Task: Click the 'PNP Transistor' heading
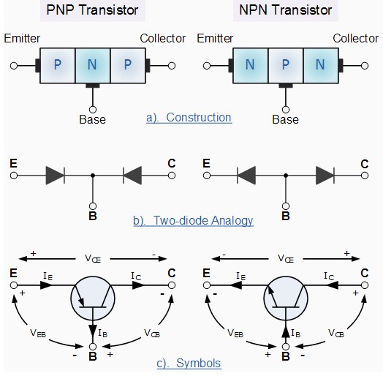click(92, 10)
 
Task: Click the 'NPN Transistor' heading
click(285, 10)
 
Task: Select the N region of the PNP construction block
click(93, 66)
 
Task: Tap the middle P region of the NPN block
click(286, 66)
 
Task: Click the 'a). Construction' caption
click(189, 118)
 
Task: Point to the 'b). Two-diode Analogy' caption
click(193, 220)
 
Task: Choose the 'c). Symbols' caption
click(189, 363)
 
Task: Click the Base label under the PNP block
click(92, 119)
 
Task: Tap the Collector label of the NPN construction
click(356, 38)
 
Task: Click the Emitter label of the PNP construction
click(22, 38)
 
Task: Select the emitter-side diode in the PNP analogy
click(56, 176)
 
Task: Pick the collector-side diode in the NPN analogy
click(325, 176)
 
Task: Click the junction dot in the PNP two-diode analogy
click(93, 176)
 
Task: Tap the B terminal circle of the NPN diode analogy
click(286, 206)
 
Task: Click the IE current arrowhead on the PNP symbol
click(46, 285)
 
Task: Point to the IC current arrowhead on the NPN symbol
click(333, 285)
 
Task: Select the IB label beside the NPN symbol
click(295, 333)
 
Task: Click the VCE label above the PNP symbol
click(93, 258)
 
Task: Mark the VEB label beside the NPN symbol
click(235, 333)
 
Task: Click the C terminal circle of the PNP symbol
click(172, 285)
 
